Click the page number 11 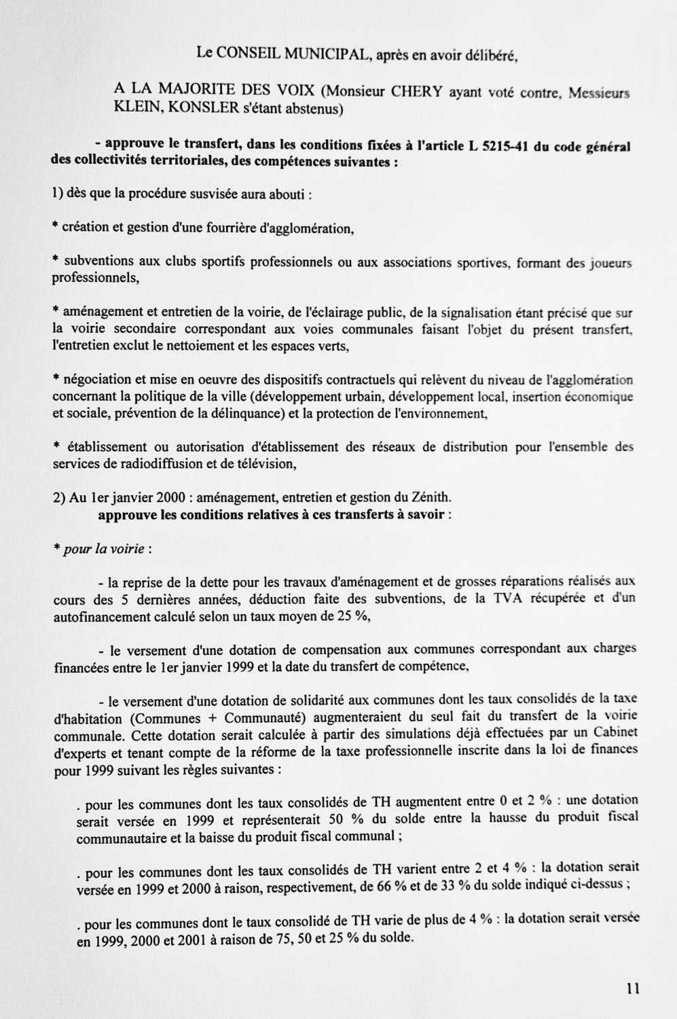pyautogui.click(x=632, y=989)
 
